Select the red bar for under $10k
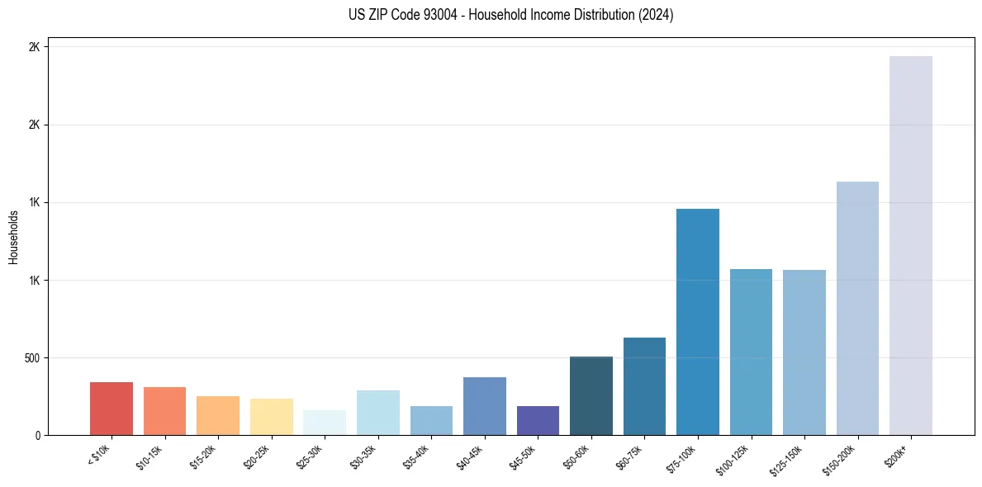pos(111,409)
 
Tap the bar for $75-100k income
pos(697,322)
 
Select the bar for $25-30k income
pos(325,423)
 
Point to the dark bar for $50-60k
pos(591,395)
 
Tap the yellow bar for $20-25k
pos(272,417)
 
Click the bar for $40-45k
pos(485,406)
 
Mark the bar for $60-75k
pos(644,386)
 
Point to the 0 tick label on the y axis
pos(37,436)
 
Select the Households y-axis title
pos(13,237)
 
